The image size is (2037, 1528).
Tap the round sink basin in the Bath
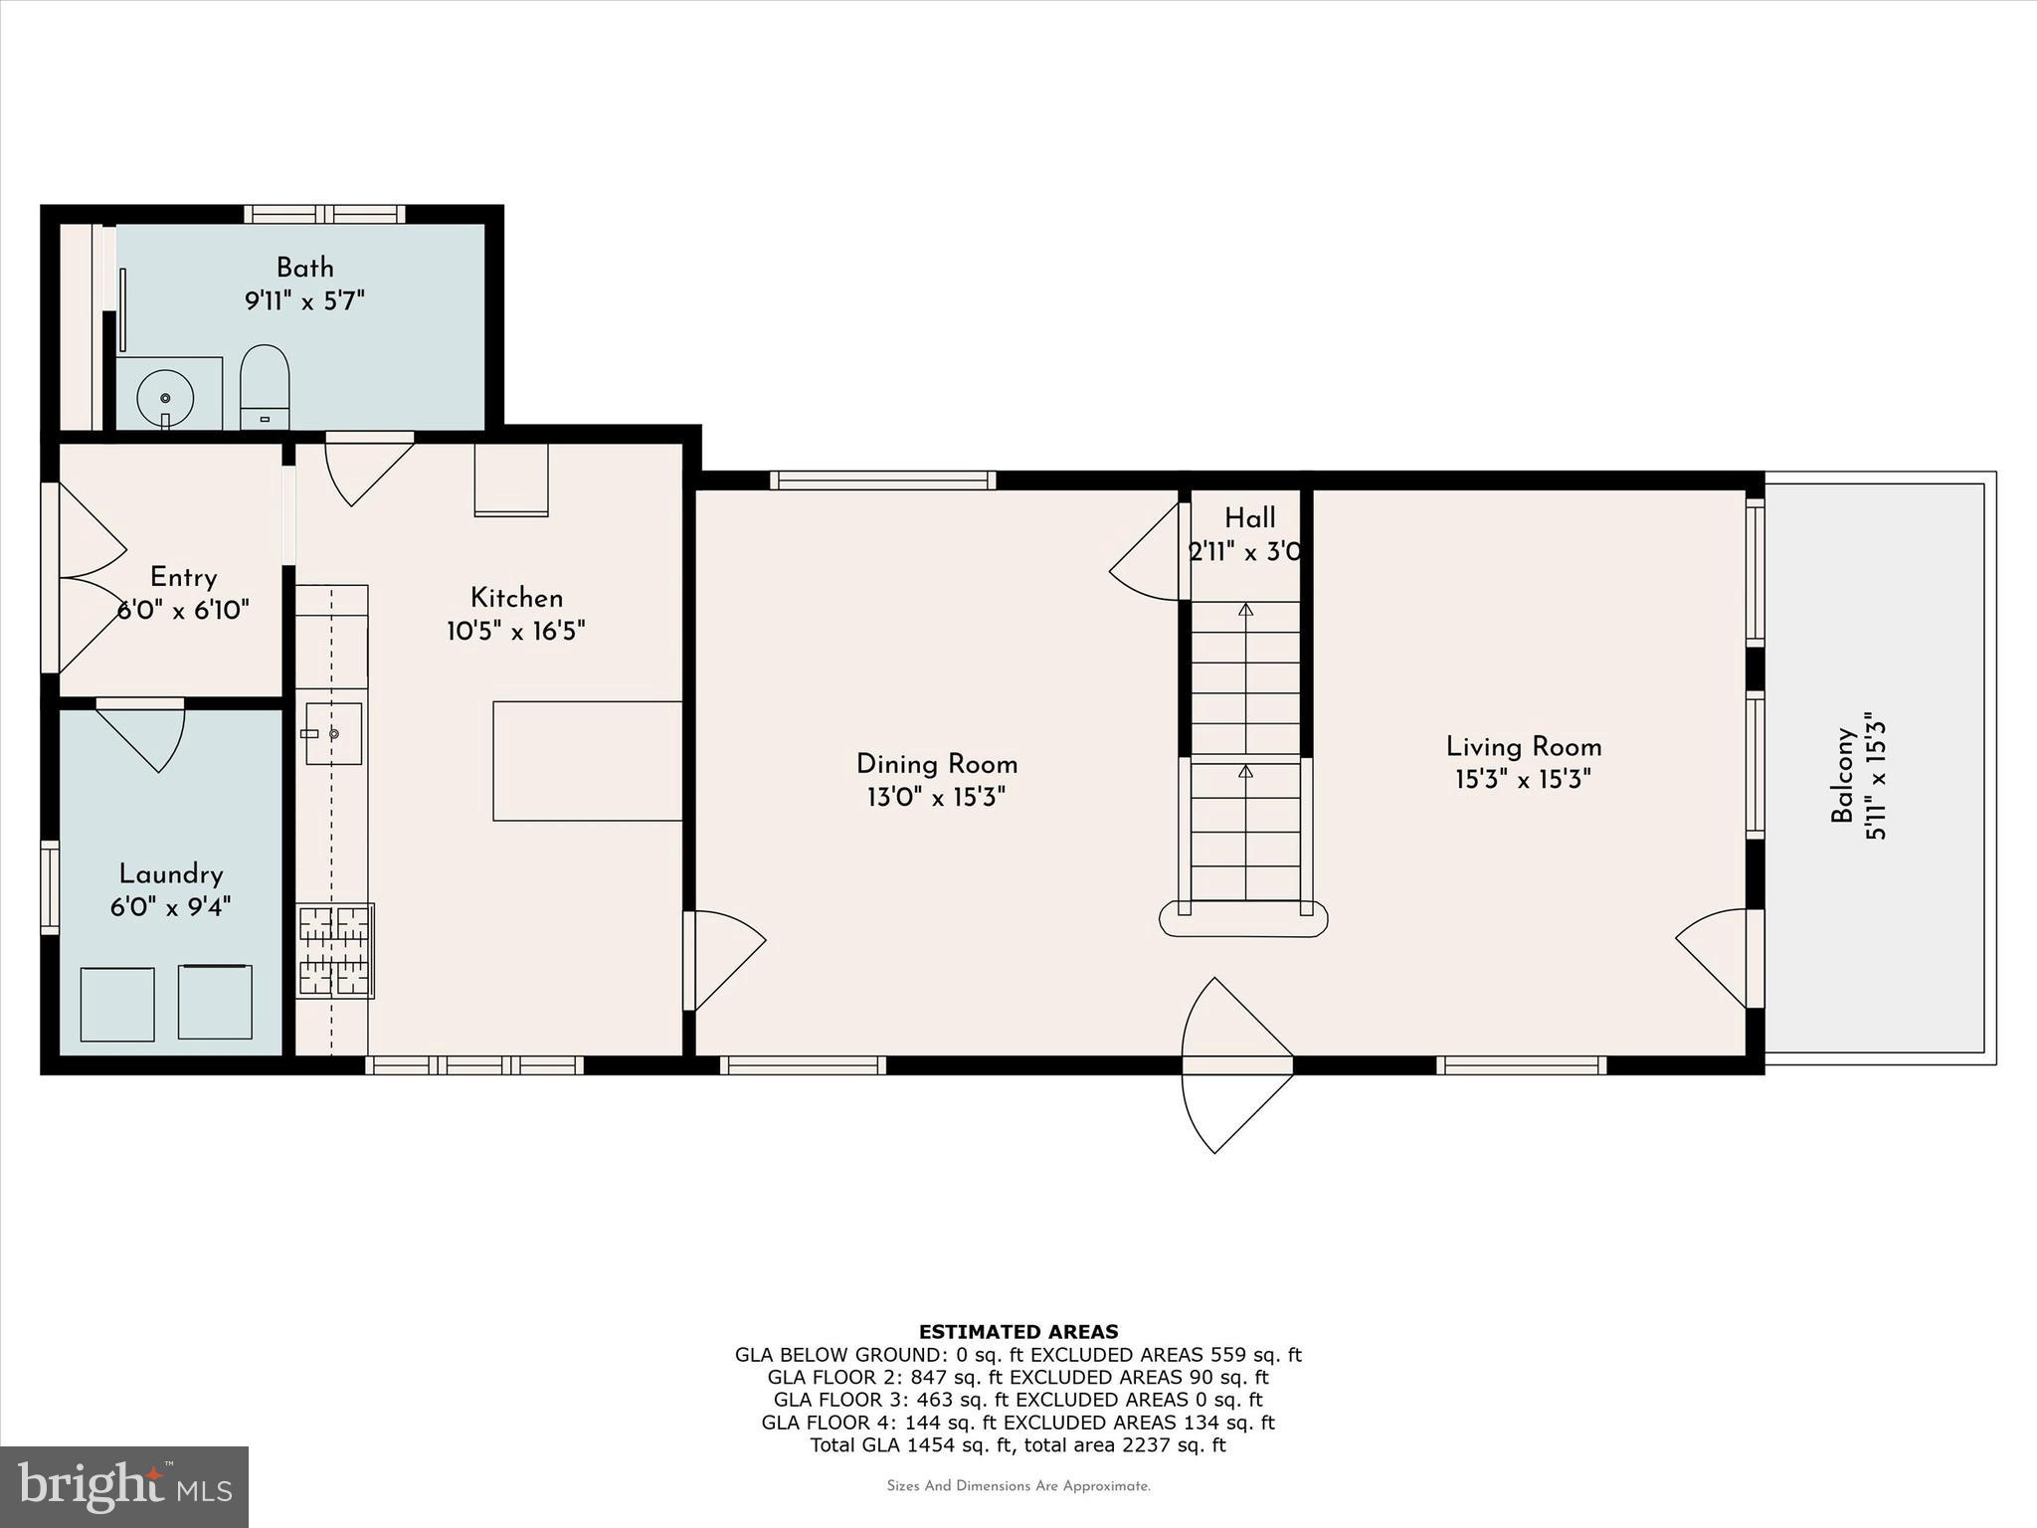click(x=165, y=397)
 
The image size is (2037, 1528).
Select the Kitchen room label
click(x=516, y=598)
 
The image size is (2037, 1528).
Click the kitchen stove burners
click(x=334, y=950)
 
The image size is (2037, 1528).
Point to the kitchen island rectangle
click(x=587, y=761)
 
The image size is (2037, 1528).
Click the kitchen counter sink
click(x=333, y=733)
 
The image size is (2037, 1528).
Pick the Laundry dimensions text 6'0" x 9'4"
click(x=171, y=907)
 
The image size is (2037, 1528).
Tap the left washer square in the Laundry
click(x=117, y=1004)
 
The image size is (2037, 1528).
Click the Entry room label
click(x=183, y=577)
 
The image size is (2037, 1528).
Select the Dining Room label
click(x=936, y=764)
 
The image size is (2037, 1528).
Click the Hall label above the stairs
click(x=1249, y=518)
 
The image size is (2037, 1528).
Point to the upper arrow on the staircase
click(x=1245, y=610)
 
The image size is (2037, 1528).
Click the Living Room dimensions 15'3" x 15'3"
click(x=1523, y=779)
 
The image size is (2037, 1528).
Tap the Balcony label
click(x=1843, y=776)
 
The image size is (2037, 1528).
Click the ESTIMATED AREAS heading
click(x=1018, y=1331)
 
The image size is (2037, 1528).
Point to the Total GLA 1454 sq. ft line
click(x=1018, y=1445)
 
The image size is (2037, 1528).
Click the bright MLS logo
click(x=124, y=1486)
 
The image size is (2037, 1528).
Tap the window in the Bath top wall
click(x=324, y=214)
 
